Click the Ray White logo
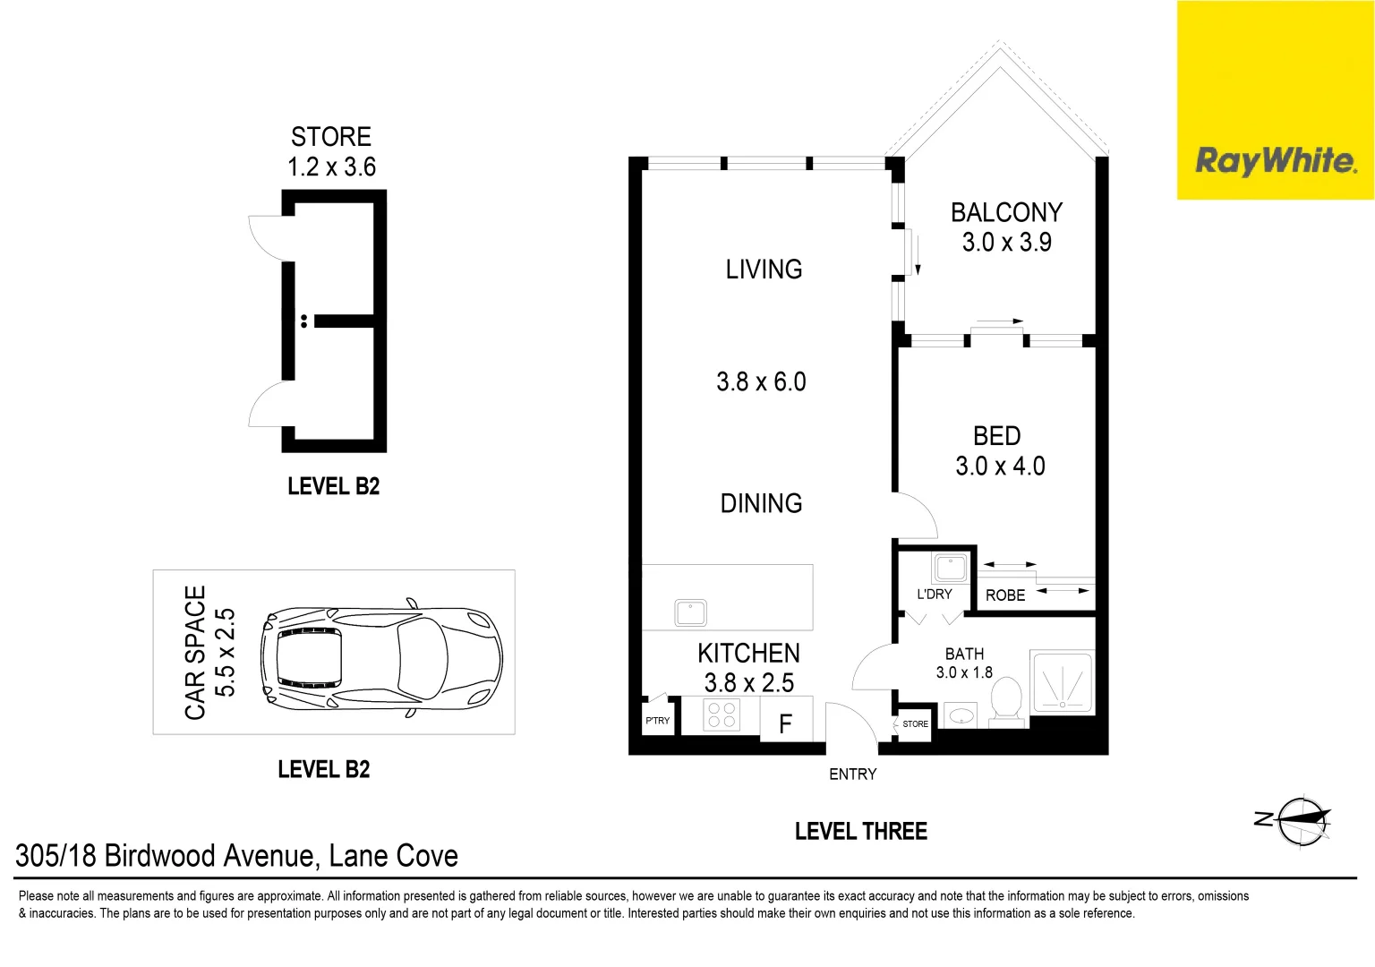coord(1275,161)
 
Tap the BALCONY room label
coord(1006,212)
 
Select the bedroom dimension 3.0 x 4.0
coord(1000,466)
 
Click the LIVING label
coord(764,270)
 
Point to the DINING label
coord(761,503)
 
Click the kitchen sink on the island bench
coord(690,613)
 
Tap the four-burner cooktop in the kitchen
coord(722,715)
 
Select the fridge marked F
coord(785,723)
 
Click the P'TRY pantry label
coord(657,721)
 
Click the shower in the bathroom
coord(1063,682)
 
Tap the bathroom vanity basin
coord(961,716)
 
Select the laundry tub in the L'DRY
coord(950,568)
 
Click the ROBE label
coord(1005,595)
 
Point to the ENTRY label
coord(852,774)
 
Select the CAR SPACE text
coord(195,652)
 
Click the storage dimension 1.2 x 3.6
coord(331,167)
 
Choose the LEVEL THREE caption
coord(860,832)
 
